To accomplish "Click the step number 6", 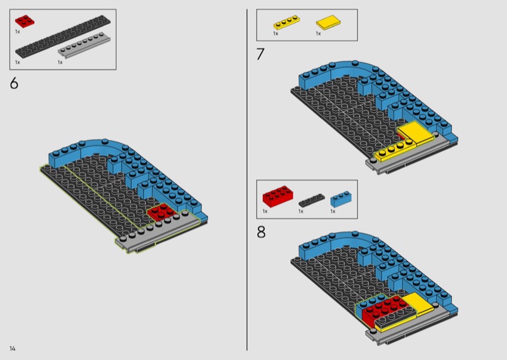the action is coord(14,83).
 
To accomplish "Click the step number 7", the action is coord(260,54).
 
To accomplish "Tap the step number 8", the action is coord(261,232).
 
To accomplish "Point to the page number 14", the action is coord(12,349).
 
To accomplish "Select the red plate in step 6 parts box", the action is coord(25,21).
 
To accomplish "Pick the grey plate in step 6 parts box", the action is coord(84,45).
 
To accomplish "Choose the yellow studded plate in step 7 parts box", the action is coord(286,23).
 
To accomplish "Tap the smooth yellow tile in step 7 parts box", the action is coord(328,22).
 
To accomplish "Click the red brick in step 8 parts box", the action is coord(278,196).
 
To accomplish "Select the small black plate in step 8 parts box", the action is coord(311,200).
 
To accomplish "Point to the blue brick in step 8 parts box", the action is coord(341,198).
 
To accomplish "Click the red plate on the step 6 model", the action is coord(162,212).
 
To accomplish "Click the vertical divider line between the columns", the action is coord(247,180).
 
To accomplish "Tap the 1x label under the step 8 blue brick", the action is coord(333,211).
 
